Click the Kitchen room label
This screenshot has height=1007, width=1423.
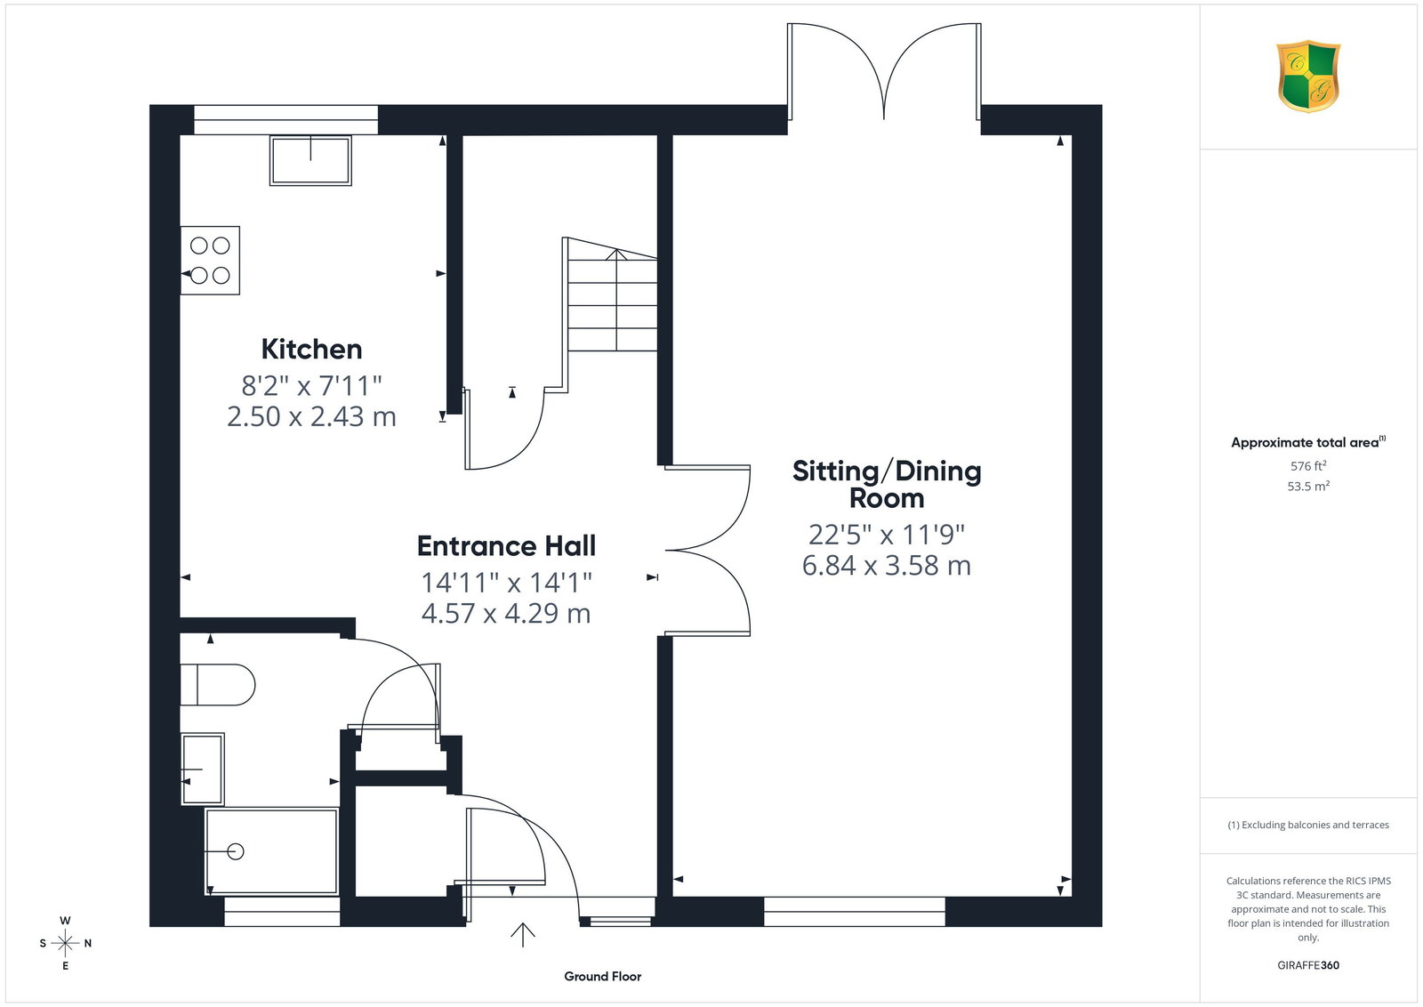[311, 350]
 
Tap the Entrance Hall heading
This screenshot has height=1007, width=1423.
[506, 545]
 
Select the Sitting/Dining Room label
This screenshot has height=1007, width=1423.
[887, 484]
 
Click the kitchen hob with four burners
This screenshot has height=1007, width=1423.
[210, 261]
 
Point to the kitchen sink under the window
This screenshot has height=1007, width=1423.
[310, 161]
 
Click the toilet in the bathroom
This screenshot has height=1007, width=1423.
[217, 685]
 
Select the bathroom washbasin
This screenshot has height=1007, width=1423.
[203, 769]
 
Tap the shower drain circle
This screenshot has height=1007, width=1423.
[236, 851]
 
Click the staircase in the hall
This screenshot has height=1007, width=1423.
[610, 295]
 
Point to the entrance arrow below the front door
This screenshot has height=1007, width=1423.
[523, 935]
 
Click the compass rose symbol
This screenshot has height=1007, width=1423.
[66, 944]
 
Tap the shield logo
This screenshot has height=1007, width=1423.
[1308, 77]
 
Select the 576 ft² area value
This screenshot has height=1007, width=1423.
[1308, 466]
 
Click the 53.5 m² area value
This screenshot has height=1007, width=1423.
[1308, 486]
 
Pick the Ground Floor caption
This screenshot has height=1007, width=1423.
[603, 977]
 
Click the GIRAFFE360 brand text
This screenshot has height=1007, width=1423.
[1308, 965]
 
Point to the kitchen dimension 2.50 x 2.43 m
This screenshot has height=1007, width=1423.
[311, 417]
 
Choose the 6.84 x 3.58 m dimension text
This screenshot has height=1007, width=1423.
[887, 566]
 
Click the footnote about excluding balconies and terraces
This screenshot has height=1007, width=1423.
[1308, 825]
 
